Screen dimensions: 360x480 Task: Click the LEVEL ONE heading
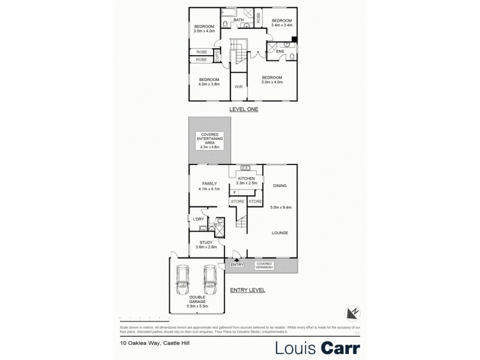pyautogui.click(x=244, y=110)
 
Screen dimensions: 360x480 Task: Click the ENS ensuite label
pyautogui.click(x=280, y=51)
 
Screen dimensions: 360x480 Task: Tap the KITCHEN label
pyautogui.click(x=247, y=179)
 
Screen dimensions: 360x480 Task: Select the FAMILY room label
pyautogui.click(x=209, y=183)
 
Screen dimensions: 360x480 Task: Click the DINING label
pyautogui.click(x=280, y=186)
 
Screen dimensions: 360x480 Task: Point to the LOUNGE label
pyautogui.click(x=280, y=232)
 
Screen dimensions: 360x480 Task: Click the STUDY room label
pyautogui.click(x=205, y=242)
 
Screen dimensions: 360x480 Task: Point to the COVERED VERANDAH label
pyautogui.click(x=265, y=265)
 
